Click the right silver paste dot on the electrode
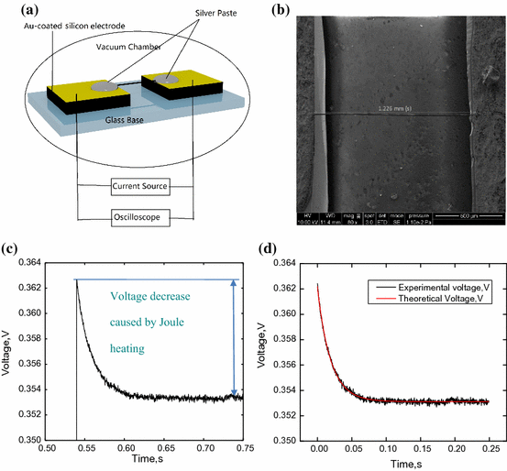coord(166,80)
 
